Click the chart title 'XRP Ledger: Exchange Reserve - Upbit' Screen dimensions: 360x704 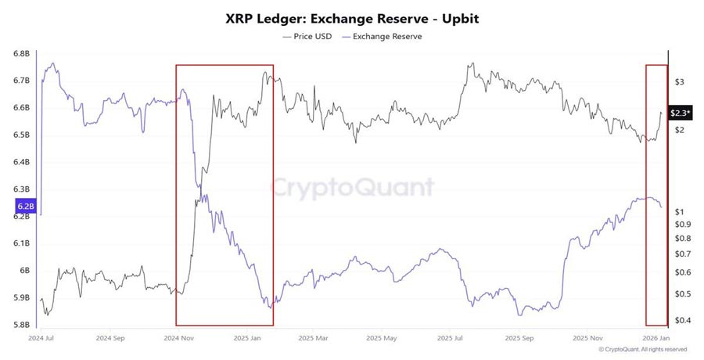tap(351, 17)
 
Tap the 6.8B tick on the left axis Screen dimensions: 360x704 tap(21, 53)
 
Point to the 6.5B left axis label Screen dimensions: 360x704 tap(21, 135)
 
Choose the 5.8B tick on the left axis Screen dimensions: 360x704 tap(21, 325)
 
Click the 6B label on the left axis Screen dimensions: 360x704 tap(24, 271)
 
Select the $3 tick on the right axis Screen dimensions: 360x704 tap(680, 82)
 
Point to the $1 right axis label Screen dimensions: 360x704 tap(680, 212)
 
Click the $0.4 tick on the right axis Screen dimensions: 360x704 tap(683, 320)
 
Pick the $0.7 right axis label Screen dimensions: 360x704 tap(683, 254)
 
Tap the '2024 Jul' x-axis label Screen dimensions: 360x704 tap(41, 338)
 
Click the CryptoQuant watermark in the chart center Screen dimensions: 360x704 tap(352, 188)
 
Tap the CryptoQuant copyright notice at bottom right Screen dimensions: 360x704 tap(644, 349)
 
